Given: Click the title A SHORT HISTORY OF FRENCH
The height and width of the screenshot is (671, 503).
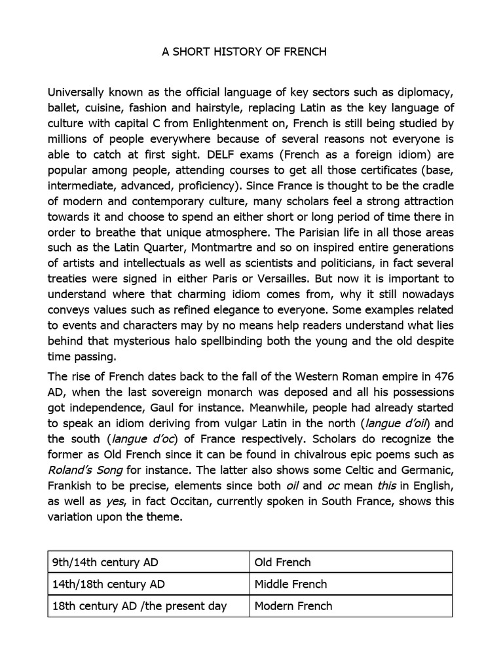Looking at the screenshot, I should (x=244, y=52).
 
